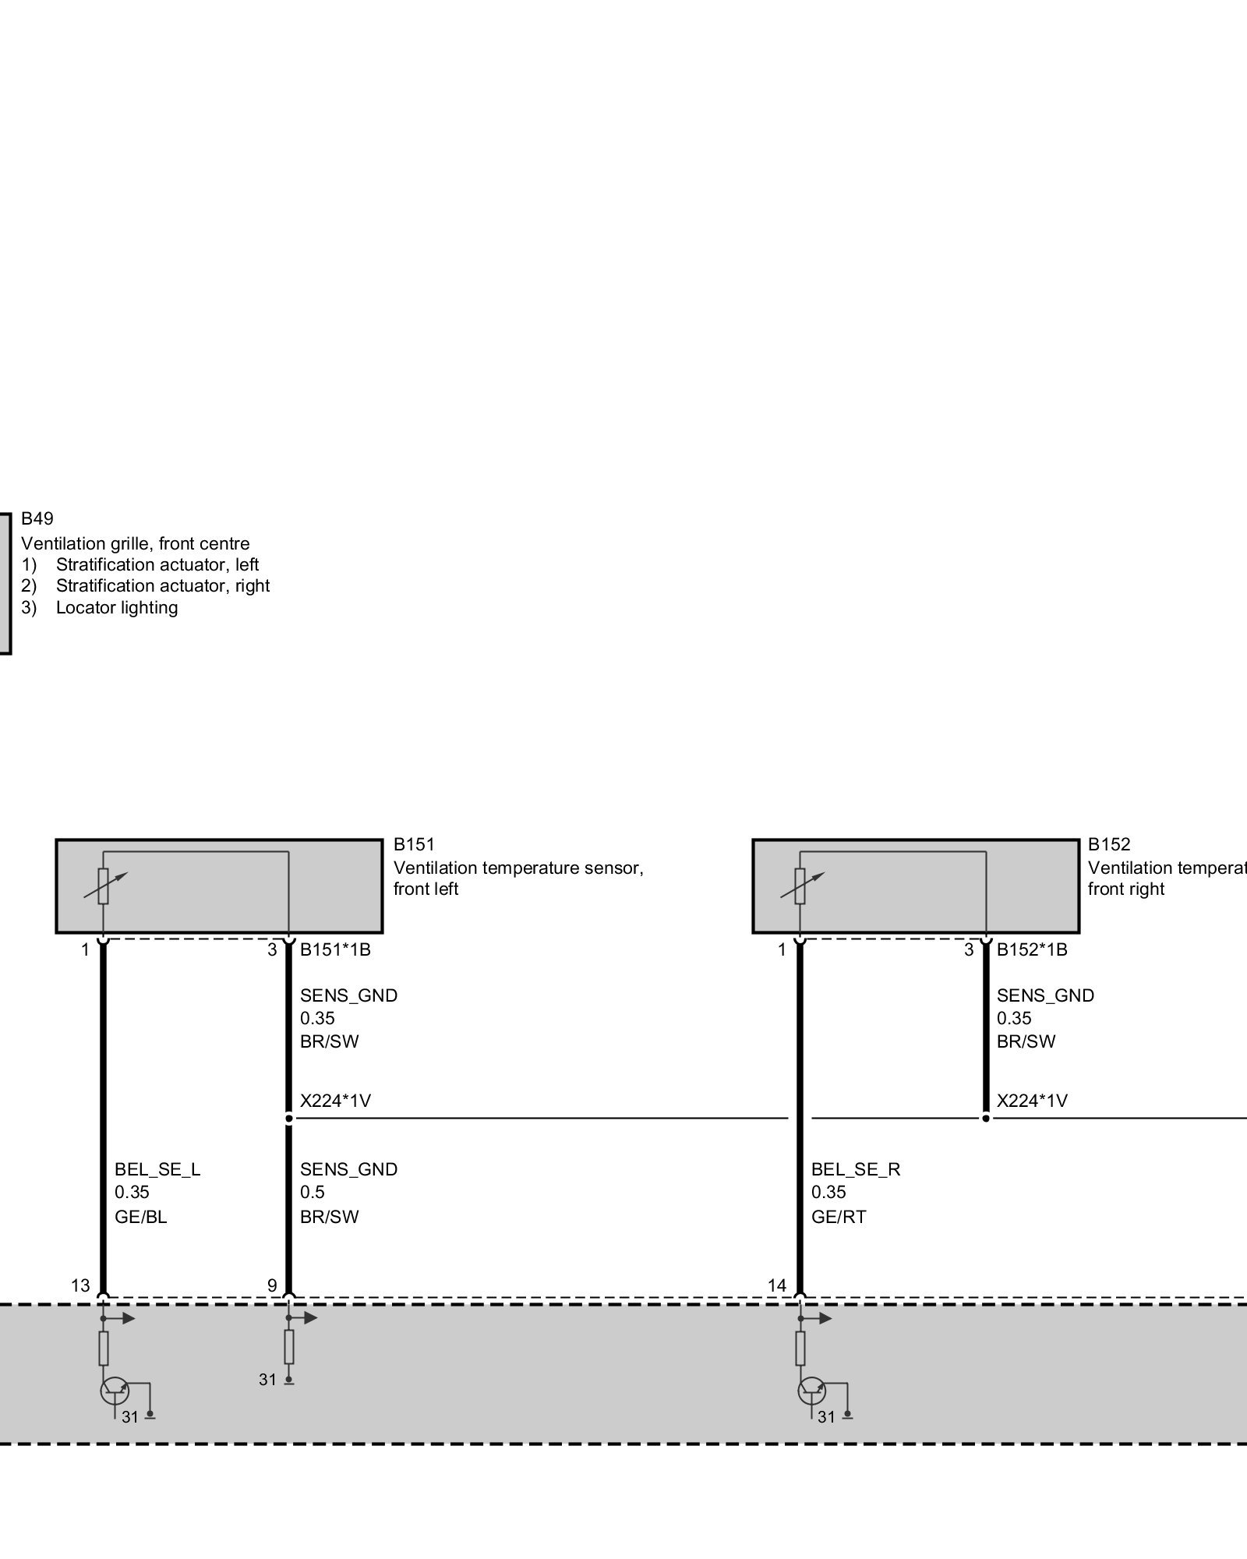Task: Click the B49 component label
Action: tap(37, 519)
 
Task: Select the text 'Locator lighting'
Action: tap(117, 608)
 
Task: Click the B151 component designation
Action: tap(414, 844)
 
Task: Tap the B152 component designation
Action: tap(1109, 844)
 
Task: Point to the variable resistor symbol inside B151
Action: tap(104, 886)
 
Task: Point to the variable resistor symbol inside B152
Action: tap(800, 886)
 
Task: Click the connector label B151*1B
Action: tap(335, 949)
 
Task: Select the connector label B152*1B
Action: tap(1032, 949)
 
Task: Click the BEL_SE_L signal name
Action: tap(157, 1169)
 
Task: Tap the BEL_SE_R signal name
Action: tap(856, 1169)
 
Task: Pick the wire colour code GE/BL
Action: tap(141, 1217)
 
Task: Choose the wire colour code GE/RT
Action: tap(839, 1217)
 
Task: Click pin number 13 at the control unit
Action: tap(81, 1285)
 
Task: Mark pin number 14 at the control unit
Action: tap(777, 1285)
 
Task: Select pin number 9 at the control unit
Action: tap(272, 1285)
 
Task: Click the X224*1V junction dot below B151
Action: tap(289, 1119)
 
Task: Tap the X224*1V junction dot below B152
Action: tap(986, 1119)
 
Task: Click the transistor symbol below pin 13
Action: tap(114, 1391)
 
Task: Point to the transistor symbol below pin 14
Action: tap(811, 1391)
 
